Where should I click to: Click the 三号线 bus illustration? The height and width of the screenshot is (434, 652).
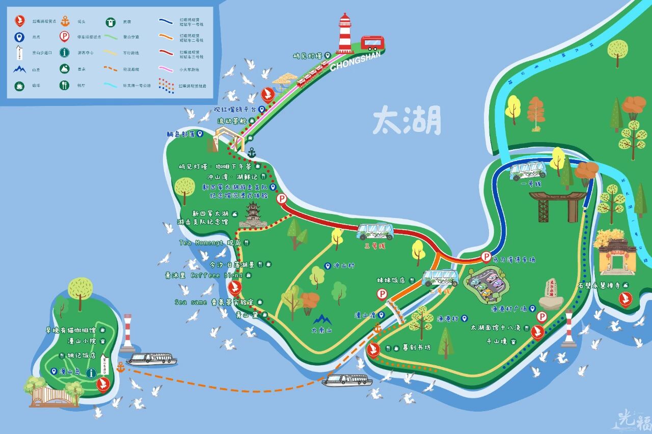tap(375, 232)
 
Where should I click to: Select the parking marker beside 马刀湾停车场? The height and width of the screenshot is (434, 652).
tap(486, 257)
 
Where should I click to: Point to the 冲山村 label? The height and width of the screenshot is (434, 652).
tap(344, 266)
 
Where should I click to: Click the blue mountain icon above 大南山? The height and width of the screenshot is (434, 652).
tap(322, 319)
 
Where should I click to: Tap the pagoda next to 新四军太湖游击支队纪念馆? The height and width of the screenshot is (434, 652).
tap(253, 215)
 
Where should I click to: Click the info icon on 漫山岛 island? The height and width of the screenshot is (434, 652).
tap(92, 373)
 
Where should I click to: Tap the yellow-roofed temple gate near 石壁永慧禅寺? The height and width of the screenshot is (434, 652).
tap(617, 251)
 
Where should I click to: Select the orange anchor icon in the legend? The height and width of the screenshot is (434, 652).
tap(65, 21)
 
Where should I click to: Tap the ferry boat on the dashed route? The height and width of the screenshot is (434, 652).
tap(347, 380)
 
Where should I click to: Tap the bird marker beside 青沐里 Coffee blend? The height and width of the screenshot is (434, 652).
tap(234, 288)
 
